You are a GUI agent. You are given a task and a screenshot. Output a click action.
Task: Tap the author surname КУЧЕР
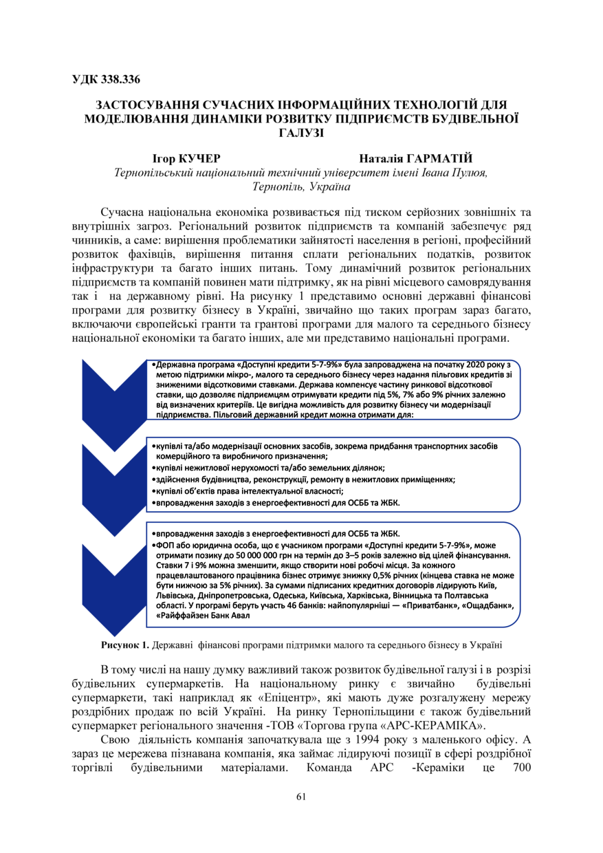(x=199, y=159)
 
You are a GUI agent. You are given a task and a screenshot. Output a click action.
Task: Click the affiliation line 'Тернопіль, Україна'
(x=301, y=186)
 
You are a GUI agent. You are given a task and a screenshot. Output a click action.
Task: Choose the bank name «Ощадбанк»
(x=485, y=605)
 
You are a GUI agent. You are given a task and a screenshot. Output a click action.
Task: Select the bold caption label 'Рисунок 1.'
(x=125, y=645)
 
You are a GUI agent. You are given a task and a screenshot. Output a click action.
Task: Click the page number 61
(x=301, y=797)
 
